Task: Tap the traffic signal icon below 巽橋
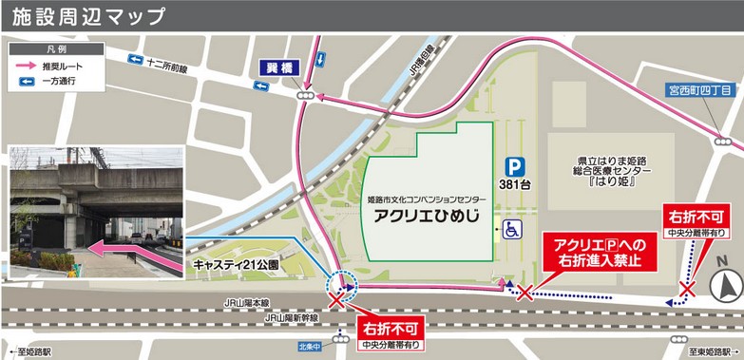(x=305, y=96)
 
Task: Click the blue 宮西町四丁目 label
(x=697, y=90)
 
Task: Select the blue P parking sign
(x=514, y=164)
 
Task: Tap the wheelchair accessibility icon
(x=511, y=229)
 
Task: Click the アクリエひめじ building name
(x=426, y=217)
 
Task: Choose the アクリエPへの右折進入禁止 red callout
(x=592, y=252)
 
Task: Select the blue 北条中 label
(x=305, y=346)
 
